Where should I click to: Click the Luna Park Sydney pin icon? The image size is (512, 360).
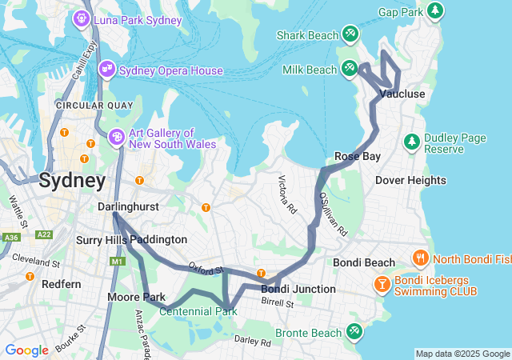tap(82, 18)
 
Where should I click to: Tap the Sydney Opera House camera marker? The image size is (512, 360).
tap(106, 70)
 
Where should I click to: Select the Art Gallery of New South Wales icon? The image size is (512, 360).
tap(117, 138)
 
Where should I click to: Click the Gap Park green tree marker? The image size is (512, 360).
tap(434, 11)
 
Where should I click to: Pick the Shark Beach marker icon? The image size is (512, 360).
tap(350, 34)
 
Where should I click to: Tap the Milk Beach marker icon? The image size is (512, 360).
tap(350, 68)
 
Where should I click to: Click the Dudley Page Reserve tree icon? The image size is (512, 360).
tap(412, 142)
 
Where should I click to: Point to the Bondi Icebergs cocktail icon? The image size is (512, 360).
tap(383, 284)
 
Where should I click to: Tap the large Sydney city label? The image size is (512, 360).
tap(72, 180)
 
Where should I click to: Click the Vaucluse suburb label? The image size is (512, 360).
tap(402, 94)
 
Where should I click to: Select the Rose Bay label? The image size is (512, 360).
tap(357, 156)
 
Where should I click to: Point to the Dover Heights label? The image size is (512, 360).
tap(410, 180)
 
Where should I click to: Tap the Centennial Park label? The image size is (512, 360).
tap(198, 310)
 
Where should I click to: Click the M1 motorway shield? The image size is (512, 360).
tap(119, 262)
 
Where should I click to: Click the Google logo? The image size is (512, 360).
tap(26, 350)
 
